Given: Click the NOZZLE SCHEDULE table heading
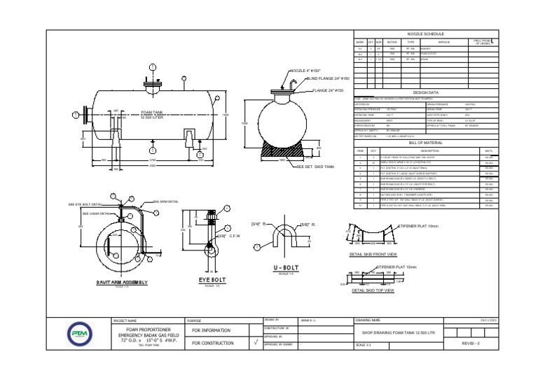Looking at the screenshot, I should click(x=425, y=34).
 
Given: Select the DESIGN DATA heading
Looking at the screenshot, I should click(x=425, y=92).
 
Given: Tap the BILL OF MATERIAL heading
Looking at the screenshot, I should click(x=425, y=142).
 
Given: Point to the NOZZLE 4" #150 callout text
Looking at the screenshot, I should click(x=305, y=71).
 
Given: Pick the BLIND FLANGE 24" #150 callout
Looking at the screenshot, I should click(x=329, y=79).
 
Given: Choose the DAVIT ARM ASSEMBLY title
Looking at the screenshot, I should click(x=122, y=282).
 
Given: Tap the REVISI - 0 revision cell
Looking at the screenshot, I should click(x=472, y=344).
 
